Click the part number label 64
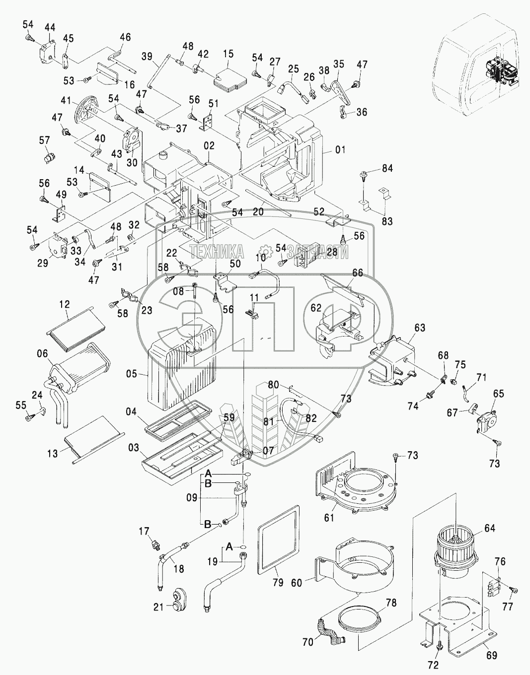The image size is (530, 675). click(x=489, y=528)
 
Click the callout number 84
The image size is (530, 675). click(x=387, y=169)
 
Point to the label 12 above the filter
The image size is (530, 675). click(x=65, y=304)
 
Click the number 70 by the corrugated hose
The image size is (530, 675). click(x=307, y=642)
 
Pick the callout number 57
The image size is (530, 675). click(x=45, y=141)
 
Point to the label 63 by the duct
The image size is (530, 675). click(x=420, y=327)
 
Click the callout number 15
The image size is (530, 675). click(x=228, y=53)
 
